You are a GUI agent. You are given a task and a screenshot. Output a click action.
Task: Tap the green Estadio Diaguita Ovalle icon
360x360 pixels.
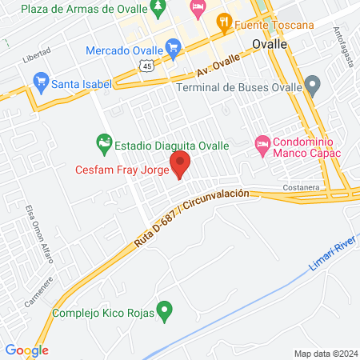point(103,145)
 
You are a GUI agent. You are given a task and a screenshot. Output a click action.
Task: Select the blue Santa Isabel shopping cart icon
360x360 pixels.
point(40,82)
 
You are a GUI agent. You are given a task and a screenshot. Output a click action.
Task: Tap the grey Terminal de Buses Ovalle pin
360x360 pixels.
point(313,83)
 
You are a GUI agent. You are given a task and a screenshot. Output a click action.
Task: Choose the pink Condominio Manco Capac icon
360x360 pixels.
point(262,146)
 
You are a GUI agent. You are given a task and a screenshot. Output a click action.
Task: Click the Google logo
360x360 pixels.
point(26,350)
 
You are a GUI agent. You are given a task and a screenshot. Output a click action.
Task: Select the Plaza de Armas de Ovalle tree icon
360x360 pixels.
point(158,10)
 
